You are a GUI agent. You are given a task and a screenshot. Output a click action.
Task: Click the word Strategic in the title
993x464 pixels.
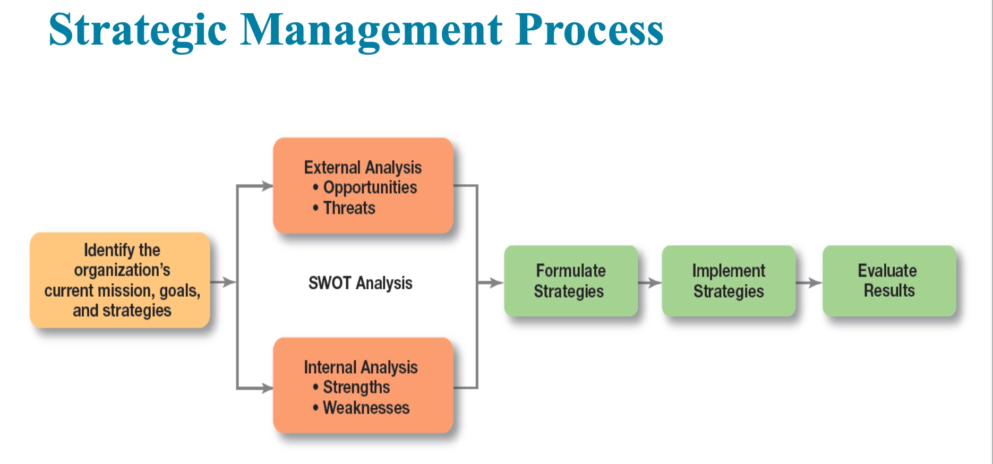pos(138,30)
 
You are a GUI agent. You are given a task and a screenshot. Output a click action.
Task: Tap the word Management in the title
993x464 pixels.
pos(371,30)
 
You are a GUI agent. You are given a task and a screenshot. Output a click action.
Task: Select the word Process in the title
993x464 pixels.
pos(589,30)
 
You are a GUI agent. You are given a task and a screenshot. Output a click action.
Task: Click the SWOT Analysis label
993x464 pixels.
pos(360,283)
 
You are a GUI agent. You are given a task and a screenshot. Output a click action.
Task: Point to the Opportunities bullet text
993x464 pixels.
pos(370,187)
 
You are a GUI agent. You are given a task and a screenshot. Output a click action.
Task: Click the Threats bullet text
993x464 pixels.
pos(349,208)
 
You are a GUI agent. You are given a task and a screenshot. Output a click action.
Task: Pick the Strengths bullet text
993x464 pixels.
pos(356,387)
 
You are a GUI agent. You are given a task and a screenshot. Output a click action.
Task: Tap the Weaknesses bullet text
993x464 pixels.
pos(366,408)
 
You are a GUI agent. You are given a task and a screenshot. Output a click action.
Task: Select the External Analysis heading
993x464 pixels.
pos(363,167)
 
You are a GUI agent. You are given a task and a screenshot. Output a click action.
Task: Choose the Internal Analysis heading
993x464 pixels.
pos(361,367)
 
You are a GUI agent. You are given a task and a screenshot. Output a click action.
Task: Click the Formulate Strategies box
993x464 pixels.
pos(570,281)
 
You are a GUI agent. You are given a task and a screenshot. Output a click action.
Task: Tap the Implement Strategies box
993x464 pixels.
pos(729,281)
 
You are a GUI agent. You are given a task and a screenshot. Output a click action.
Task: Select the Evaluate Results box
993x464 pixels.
pos(889,281)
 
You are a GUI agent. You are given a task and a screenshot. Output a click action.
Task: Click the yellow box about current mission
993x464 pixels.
pos(121,280)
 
